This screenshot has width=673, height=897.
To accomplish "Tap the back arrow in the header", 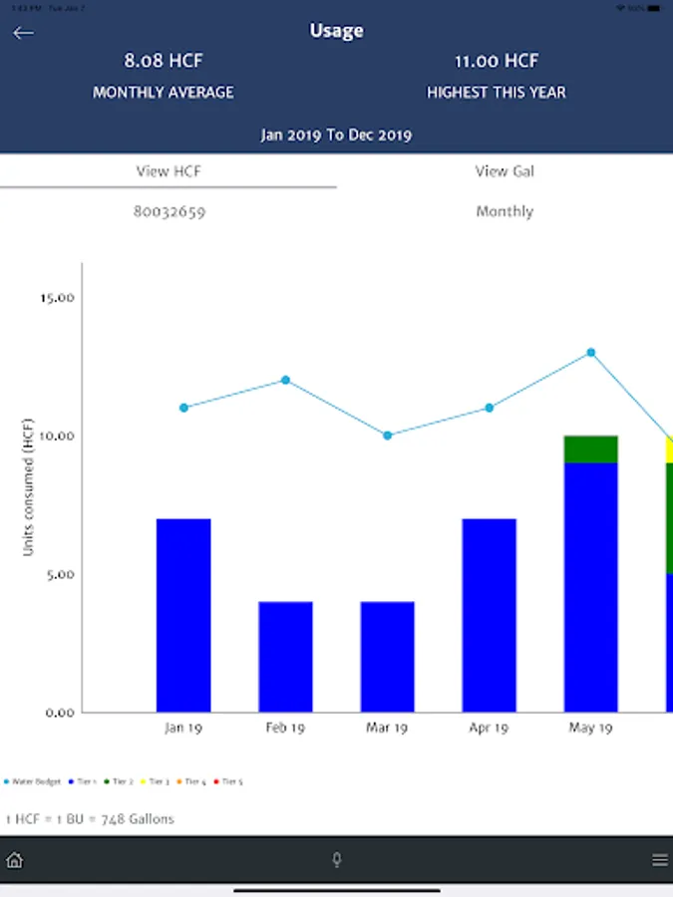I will point(23,33).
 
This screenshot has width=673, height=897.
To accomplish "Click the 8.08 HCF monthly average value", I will point(164,61).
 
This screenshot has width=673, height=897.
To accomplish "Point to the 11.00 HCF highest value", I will point(497,61).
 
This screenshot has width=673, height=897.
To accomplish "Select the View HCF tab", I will point(168,171).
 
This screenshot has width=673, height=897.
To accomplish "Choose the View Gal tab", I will point(505,171).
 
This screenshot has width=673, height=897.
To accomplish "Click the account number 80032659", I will point(168,211).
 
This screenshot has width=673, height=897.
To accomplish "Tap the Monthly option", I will point(505,211).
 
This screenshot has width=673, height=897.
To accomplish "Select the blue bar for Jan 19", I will point(183,615).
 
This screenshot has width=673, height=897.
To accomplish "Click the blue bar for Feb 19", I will point(285,657).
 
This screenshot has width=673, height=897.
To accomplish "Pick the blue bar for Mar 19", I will point(387,657).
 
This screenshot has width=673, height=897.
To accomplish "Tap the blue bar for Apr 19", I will point(489,615).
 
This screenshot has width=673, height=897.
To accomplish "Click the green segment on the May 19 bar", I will point(590,449).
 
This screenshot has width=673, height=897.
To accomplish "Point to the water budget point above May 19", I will point(591,352).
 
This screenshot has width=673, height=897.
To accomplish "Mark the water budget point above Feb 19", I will point(285,380).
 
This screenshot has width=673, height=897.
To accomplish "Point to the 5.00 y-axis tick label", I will point(59,575).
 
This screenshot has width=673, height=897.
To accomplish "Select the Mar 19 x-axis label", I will point(387,728).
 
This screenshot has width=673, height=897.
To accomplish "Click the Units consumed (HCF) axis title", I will point(29,486).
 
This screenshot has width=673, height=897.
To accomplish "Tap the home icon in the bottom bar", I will point(15,860).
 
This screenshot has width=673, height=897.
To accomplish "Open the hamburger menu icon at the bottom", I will point(659,860).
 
